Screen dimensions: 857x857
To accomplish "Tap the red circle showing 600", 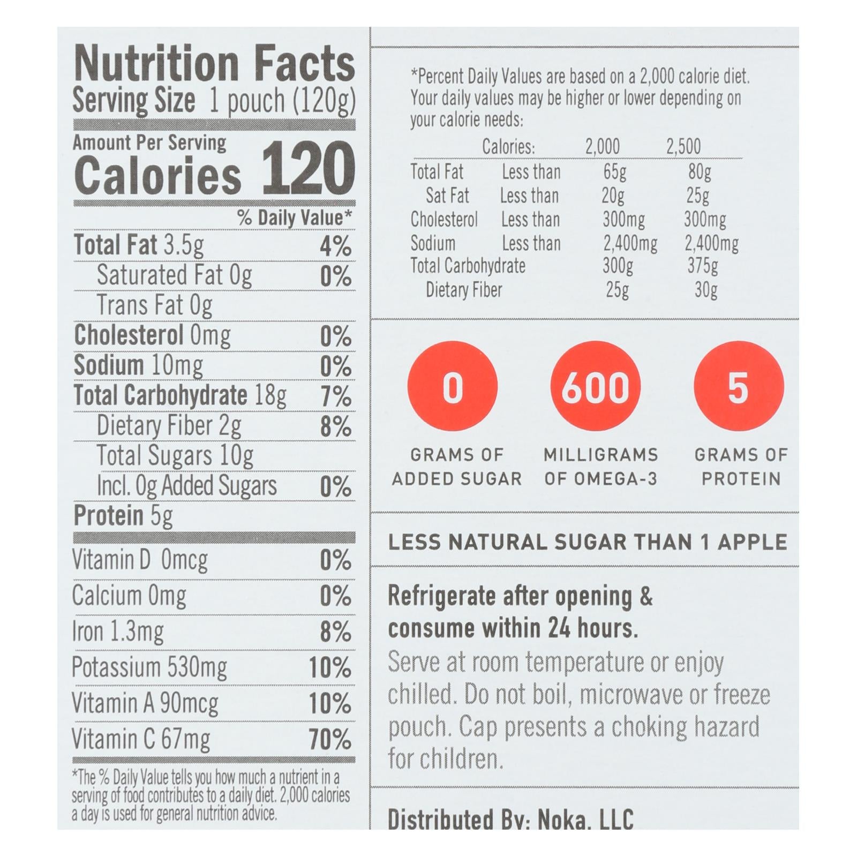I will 596,387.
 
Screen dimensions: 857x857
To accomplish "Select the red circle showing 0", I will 453,387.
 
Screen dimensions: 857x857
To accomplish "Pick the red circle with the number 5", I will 738,387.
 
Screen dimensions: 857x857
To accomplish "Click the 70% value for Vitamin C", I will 330,740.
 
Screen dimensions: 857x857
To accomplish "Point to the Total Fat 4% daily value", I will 336,246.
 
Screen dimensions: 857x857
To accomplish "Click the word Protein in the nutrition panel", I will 109,515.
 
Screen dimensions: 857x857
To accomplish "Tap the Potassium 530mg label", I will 149,667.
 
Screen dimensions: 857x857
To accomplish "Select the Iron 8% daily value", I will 336,632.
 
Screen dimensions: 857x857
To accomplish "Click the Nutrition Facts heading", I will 214,64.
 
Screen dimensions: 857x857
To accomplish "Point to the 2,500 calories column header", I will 683,146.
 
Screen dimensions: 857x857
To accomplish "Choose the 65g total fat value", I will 614,172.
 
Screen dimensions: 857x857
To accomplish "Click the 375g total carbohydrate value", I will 702,266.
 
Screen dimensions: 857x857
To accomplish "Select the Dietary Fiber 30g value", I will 705,290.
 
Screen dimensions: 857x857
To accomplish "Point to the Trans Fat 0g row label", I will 154,305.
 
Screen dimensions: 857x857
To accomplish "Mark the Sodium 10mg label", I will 138,365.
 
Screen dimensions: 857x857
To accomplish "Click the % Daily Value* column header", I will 295,218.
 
